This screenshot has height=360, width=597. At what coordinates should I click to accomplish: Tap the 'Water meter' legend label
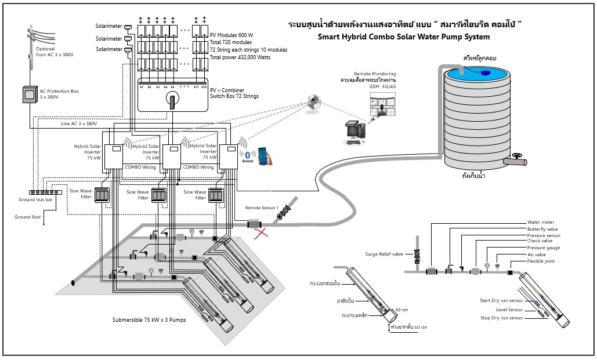pos(540,222)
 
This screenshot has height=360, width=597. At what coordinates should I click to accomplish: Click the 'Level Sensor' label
pos(510,310)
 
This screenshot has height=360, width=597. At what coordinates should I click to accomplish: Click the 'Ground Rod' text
pos(27,217)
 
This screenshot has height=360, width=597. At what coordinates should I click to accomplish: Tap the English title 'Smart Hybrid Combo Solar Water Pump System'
pos(404,37)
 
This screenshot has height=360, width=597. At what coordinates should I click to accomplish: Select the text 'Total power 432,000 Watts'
pos(240,57)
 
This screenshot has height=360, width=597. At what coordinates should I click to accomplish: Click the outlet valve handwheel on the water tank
pos(516,155)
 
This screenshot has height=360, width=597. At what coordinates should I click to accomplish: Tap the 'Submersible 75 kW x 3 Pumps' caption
pos(149,320)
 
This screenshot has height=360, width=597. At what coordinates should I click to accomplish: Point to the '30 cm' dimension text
pos(401,310)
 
